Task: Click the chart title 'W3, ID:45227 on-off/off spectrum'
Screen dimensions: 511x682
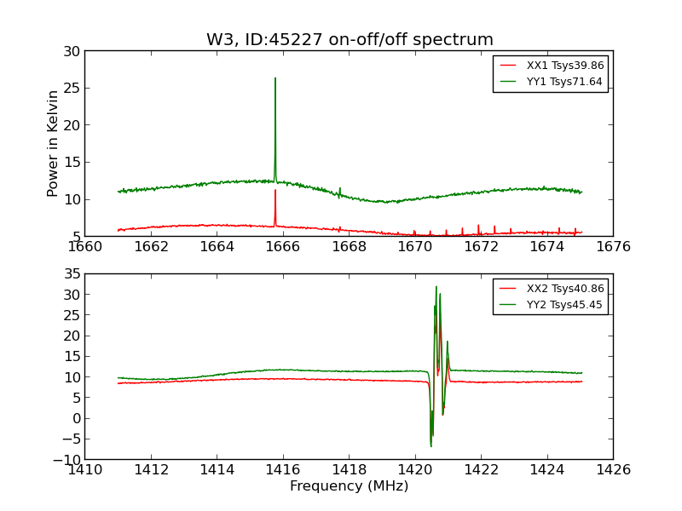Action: tap(350, 40)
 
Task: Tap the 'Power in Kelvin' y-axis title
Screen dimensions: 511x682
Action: tap(54, 143)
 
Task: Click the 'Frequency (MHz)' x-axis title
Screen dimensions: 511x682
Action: tap(349, 486)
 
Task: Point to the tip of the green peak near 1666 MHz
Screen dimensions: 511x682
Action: tap(275, 78)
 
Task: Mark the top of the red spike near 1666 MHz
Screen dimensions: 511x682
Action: tap(275, 190)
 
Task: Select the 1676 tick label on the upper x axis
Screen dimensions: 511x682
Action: tap(613, 247)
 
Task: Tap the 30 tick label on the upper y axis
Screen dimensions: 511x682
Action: tap(71, 51)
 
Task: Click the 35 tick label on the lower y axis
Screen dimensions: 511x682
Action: tap(71, 274)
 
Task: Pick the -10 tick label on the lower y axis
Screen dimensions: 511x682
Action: tap(67, 459)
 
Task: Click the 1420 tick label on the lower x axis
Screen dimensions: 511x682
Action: tap(415, 470)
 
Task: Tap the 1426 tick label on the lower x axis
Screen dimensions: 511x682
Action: tap(613, 470)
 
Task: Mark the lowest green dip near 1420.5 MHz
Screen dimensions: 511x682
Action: tap(431, 446)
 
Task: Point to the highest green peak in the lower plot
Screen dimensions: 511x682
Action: tap(436, 287)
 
